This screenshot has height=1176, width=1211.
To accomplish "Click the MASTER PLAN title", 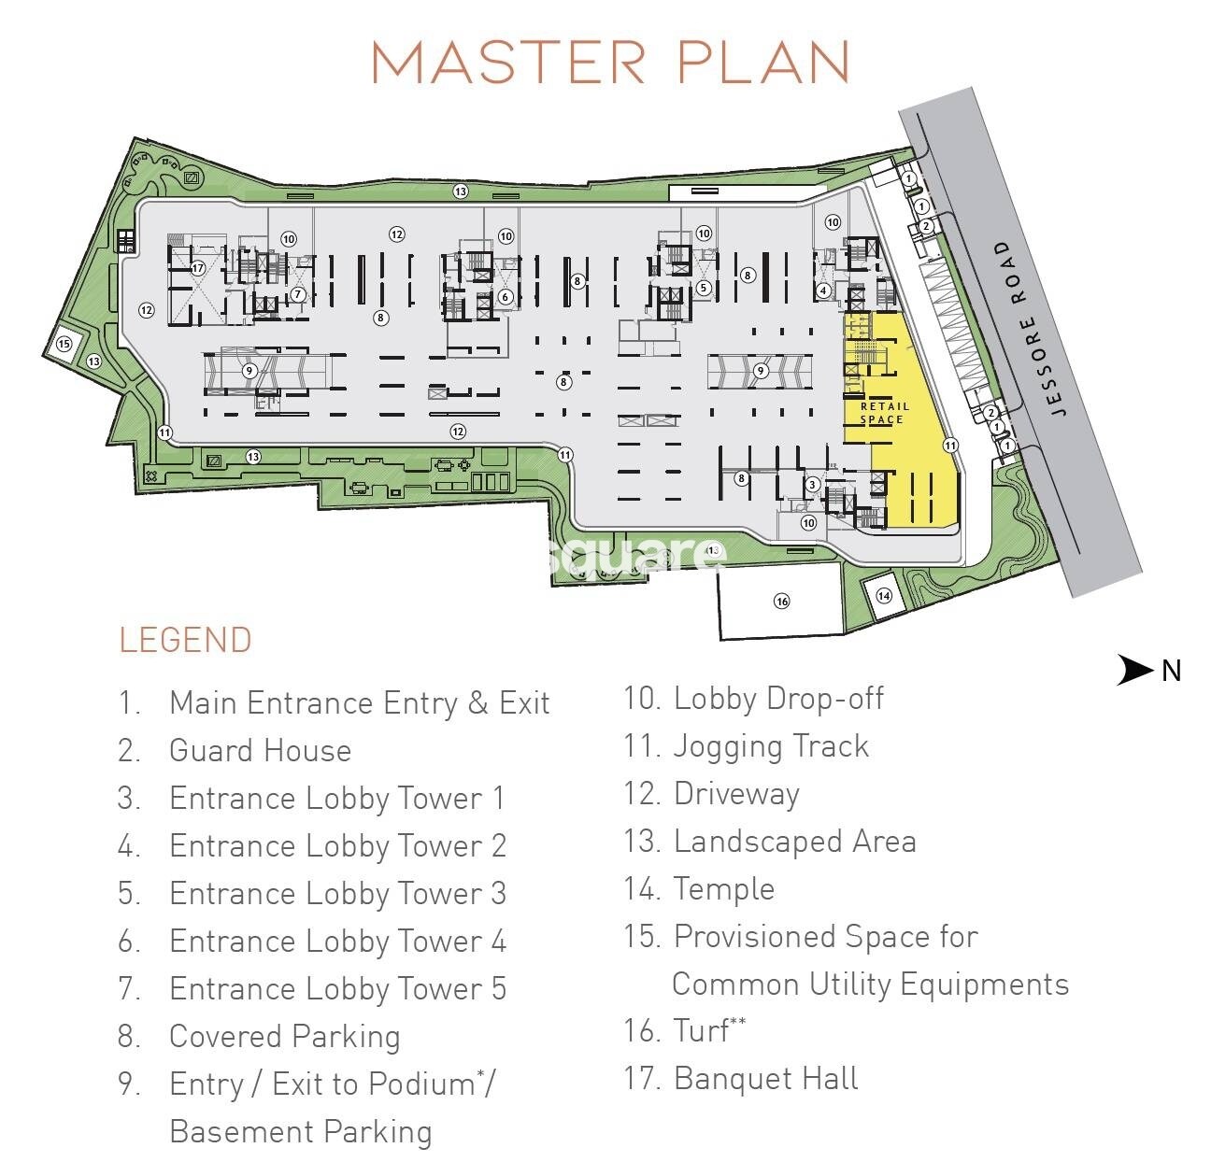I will [610, 62].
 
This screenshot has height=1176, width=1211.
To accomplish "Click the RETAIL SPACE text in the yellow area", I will [883, 413].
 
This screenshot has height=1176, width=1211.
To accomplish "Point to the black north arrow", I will [1135, 670].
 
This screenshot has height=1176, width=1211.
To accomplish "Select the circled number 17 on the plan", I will [197, 268].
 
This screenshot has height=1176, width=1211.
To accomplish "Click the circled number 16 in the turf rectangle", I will [781, 601].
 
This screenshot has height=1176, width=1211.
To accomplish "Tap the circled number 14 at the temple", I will [883, 595].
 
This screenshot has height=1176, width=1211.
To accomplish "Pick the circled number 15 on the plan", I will [64, 344].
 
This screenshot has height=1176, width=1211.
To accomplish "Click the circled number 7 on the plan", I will [297, 294].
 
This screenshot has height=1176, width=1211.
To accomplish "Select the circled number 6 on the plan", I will [505, 297].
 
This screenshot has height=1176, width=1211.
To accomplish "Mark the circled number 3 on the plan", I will [813, 484].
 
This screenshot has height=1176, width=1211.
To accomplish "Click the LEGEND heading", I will [185, 640].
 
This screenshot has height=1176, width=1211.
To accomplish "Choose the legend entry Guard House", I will [260, 750].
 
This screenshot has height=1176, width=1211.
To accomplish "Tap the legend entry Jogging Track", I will [771, 745].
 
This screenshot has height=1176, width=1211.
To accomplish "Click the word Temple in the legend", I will [723, 888].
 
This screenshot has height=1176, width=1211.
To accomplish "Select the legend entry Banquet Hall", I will [765, 1078].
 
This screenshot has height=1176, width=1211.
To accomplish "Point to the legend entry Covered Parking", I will [284, 1036].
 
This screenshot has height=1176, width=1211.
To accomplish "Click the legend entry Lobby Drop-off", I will [777, 698].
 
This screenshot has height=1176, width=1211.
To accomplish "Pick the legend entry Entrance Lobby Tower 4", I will [337, 941].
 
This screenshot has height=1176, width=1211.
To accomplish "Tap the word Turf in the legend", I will [701, 1030].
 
